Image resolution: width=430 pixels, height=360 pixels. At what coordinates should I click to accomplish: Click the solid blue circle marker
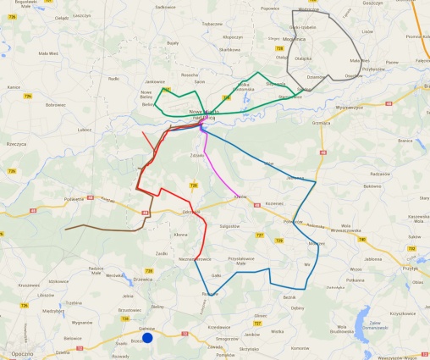click(x=147, y=338)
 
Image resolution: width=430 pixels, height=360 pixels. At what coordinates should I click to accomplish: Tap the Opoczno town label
click(x=17, y=353)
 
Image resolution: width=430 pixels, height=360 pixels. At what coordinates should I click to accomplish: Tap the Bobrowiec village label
click(x=55, y=104)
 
